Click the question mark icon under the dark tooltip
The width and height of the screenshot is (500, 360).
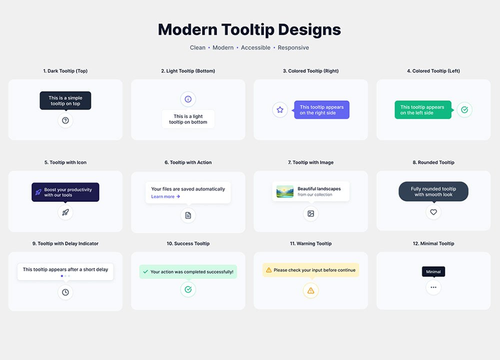click(65, 120)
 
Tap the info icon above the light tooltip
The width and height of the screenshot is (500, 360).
click(188, 99)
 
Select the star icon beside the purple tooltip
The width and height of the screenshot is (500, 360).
click(280, 109)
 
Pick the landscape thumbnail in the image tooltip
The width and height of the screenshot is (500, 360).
click(285, 191)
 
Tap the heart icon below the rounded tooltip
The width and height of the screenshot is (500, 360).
click(433, 212)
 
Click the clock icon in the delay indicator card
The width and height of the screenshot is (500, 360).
click(65, 292)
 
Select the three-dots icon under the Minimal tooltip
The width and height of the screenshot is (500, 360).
click(433, 287)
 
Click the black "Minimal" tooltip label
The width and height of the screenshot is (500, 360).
click(433, 271)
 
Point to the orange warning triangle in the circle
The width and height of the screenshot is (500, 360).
click(311, 291)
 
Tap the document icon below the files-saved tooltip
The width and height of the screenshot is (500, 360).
click(188, 215)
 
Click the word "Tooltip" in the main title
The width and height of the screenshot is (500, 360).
click(248, 29)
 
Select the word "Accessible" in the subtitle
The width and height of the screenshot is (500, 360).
click(255, 47)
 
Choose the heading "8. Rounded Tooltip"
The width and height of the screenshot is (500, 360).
click(433, 162)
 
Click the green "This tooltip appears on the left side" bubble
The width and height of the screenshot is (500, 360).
click(423, 110)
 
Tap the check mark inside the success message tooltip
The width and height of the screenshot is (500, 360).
click(145, 271)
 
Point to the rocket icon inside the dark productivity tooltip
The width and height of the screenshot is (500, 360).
click(38, 192)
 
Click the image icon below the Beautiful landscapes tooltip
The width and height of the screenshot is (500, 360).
click(311, 213)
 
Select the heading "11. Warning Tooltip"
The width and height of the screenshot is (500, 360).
click(311, 243)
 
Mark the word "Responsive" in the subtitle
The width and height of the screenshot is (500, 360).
click(293, 47)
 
